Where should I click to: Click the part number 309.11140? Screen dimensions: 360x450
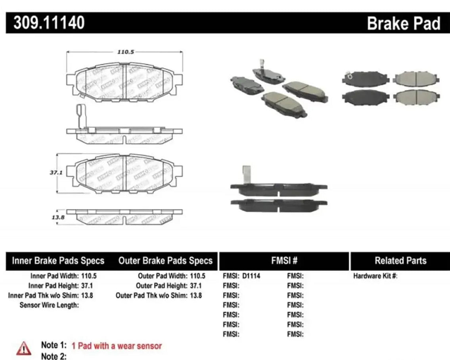(x=50, y=23)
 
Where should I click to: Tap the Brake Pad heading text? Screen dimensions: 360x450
(x=403, y=24)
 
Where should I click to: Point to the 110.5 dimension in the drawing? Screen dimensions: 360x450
(x=124, y=52)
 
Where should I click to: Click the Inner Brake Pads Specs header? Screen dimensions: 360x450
(x=58, y=261)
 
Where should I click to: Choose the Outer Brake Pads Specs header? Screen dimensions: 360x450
(x=165, y=261)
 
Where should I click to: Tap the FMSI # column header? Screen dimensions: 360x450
(x=284, y=261)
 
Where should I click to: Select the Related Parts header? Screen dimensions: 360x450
(x=400, y=261)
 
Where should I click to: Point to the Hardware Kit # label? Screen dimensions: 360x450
(x=375, y=276)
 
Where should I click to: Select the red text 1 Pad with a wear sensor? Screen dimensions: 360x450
(x=117, y=346)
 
